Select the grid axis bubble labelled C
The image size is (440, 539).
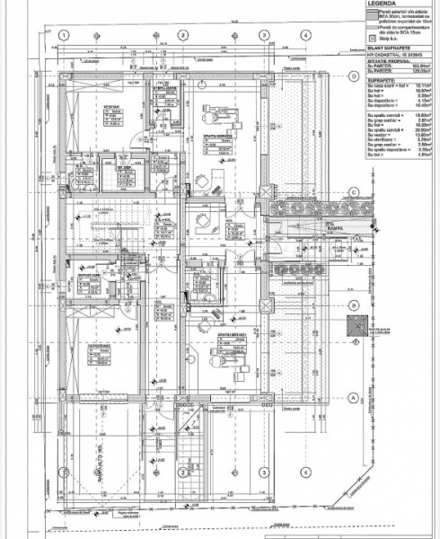point(354,191)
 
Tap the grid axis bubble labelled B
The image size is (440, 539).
point(354,305)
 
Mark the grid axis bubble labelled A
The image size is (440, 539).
point(354,396)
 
